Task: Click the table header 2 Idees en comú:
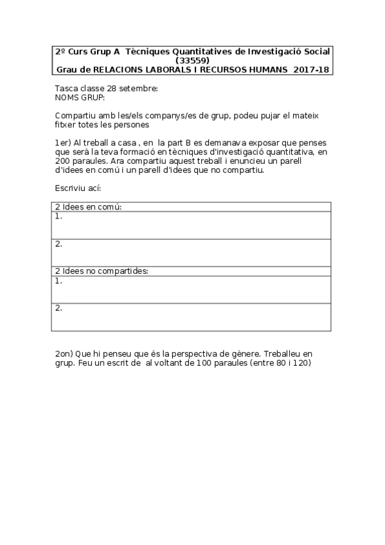[x=89, y=207]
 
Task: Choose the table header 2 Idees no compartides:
[x=102, y=271]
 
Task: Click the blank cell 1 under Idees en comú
[x=192, y=225]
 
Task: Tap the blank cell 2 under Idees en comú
[x=192, y=253]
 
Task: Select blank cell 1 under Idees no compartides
[x=192, y=289]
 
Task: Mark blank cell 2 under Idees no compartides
[x=192, y=317]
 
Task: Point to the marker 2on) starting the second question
[x=64, y=354]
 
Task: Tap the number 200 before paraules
[x=64, y=161]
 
